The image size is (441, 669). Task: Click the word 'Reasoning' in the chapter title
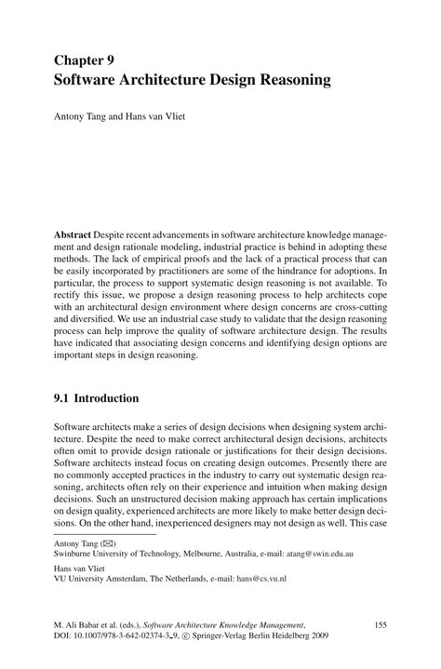287,80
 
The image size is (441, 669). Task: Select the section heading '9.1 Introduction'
96,398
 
